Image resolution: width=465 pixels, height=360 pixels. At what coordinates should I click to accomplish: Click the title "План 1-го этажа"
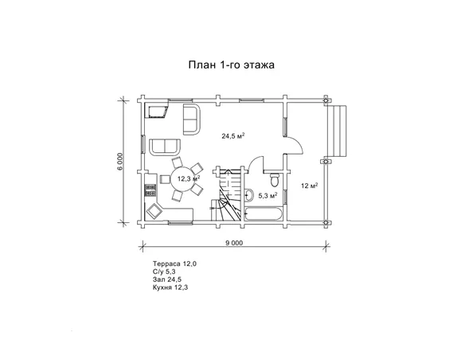[232, 65]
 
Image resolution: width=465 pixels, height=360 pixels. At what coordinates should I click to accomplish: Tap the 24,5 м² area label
[233, 136]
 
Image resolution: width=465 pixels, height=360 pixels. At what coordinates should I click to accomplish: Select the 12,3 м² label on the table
[189, 179]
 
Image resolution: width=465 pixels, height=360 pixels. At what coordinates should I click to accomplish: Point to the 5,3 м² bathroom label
[268, 195]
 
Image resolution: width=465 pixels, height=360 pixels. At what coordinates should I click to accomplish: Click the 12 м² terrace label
[310, 186]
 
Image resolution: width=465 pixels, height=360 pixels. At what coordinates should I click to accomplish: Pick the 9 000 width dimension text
[234, 243]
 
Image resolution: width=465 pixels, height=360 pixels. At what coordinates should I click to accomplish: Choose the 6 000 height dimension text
[119, 162]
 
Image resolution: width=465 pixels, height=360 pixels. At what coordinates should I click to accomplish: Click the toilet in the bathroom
[275, 179]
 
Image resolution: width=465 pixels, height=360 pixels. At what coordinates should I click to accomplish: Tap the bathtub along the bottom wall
[263, 213]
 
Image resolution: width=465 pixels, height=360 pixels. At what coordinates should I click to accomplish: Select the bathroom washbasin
[249, 195]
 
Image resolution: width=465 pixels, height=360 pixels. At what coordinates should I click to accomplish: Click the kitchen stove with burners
[150, 190]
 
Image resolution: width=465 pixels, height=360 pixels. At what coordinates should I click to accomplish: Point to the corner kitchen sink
[154, 211]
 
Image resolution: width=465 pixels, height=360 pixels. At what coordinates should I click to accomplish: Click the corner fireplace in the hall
[157, 111]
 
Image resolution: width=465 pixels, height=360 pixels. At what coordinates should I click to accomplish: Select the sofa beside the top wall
[192, 119]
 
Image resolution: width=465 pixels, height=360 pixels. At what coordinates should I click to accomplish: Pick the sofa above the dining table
[165, 147]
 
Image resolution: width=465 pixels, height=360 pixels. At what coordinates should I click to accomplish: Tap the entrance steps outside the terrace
[338, 131]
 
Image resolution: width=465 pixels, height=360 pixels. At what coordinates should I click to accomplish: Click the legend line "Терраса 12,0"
[174, 264]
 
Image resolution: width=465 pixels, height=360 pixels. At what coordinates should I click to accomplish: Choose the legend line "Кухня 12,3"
[170, 287]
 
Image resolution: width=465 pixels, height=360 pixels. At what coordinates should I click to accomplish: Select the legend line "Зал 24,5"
[167, 280]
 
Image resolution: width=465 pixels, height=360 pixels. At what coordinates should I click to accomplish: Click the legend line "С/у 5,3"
[164, 272]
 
